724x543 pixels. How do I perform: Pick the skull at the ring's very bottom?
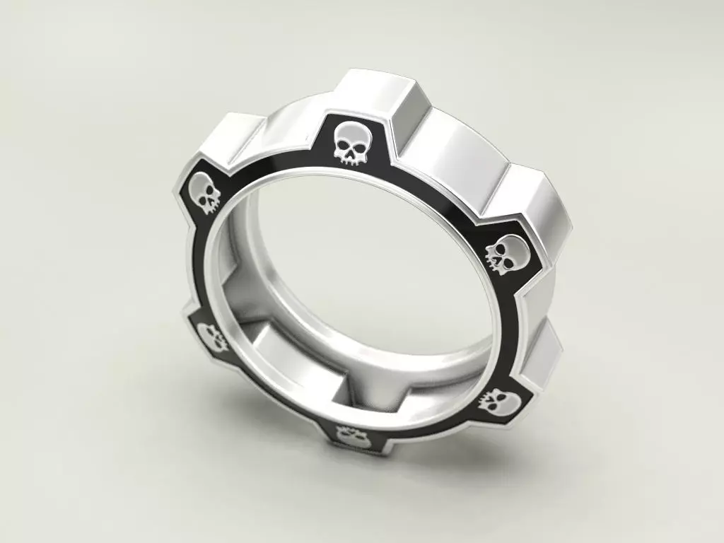[x=351, y=437]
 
